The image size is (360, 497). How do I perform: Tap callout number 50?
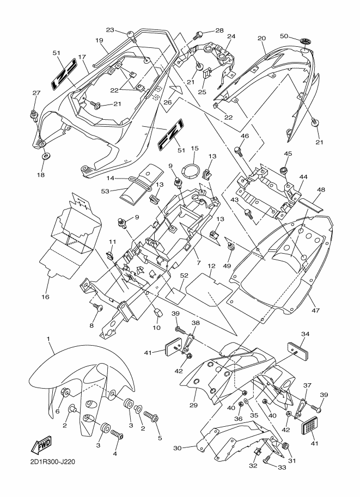click(283, 36)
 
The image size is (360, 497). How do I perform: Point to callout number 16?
click(46, 297)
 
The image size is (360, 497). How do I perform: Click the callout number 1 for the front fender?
click(49, 339)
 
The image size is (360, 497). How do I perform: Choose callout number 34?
click(305, 334)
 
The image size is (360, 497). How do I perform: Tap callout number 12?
click(212, 266)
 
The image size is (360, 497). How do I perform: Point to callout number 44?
click(303, 177)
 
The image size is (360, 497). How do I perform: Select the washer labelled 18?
click(45, 157)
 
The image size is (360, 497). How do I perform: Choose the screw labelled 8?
click(99, 308)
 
